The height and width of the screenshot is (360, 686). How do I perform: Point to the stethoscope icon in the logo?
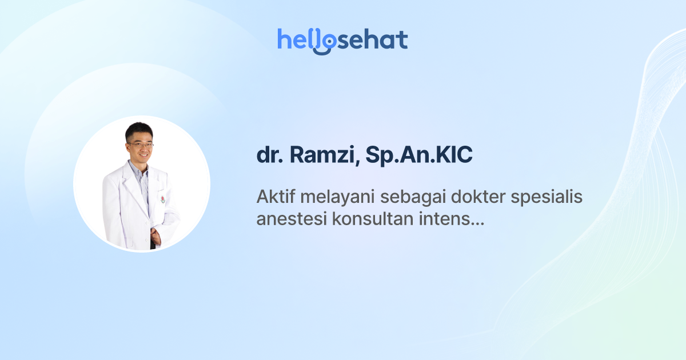click(325, 43)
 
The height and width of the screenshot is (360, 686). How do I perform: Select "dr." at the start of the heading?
click(268, 156)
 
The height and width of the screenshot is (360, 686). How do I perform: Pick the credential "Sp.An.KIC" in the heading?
click(409, 156)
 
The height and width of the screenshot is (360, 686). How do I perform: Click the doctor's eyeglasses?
click(141, 145)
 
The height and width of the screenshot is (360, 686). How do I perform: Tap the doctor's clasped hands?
click(155, 235)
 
